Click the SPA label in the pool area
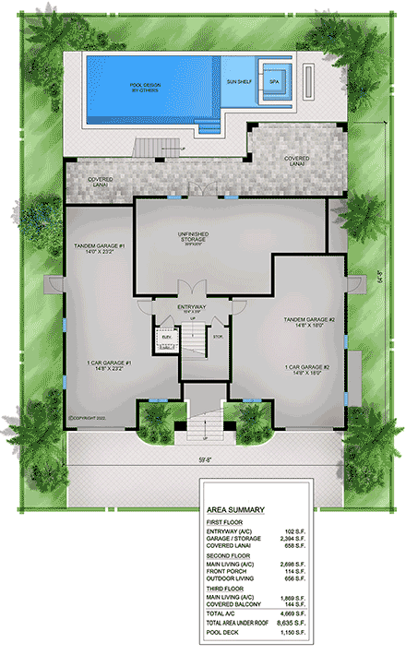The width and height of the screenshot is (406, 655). pyautogui.click(x=274, y=81)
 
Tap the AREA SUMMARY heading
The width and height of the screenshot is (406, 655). pyautogui.click(x=236, y=508)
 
